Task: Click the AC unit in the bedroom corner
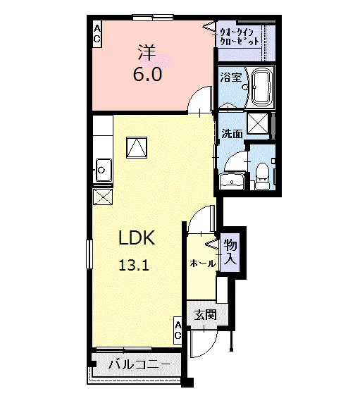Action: pos(97,34)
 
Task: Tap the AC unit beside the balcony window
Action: pos(178,330)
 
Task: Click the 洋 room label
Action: pos(147,53)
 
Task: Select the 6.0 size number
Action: pos(147,74)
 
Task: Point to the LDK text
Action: pos(137,237)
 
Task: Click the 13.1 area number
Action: pos(134,265)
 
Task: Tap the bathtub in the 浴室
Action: pos(263,87)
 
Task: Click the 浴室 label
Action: pos(231,78)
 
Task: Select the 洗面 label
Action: pos(232,133)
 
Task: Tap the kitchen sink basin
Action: pos(104,170)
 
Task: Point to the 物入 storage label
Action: pos(230,252)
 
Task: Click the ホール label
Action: pos(203,264)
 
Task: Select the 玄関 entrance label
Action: pos(206,315)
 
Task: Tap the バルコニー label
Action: pos(139,365)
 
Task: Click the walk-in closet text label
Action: pos(240,37)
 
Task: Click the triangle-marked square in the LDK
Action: pos(137,148)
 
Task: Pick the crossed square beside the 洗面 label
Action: pos(258,123)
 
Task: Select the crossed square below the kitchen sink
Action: pos(103,197)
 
